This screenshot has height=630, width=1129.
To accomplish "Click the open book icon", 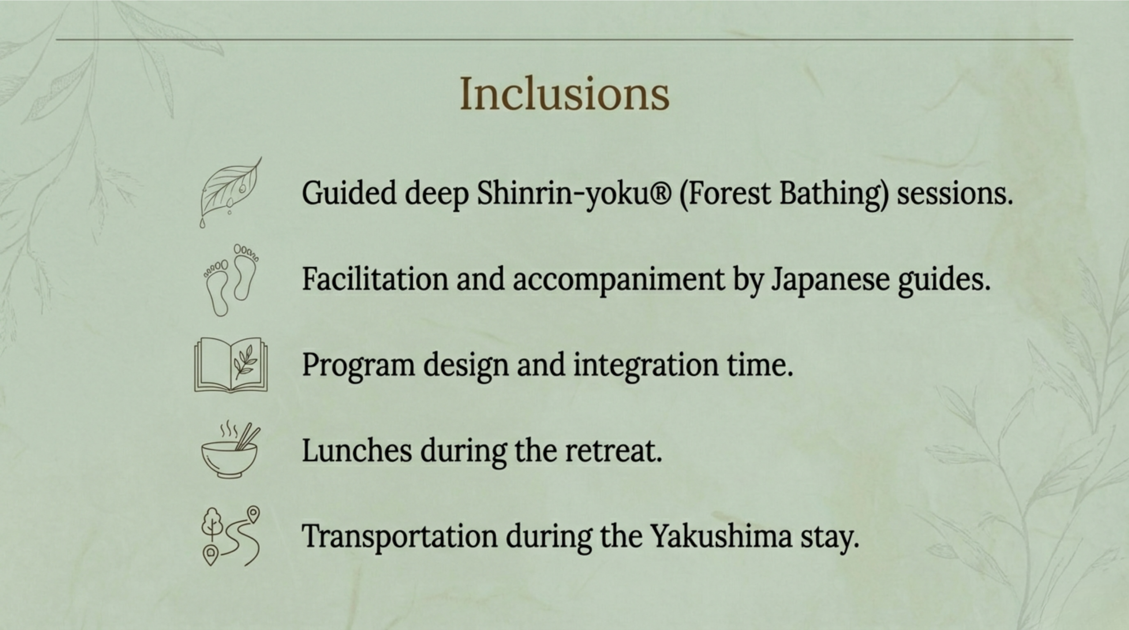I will pyautogui.click(x=231, y=365).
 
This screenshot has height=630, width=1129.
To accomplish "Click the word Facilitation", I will pyautogui.click(x=375, y=279).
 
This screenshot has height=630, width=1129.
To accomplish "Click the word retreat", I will pyautogui.click(x=613, y=451).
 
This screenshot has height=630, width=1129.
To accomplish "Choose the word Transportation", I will pyautogui.click(x=400, y=536).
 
